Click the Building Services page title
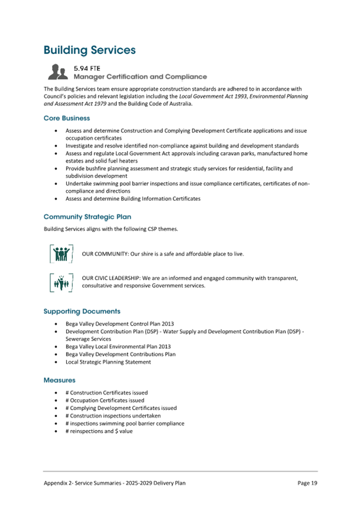[x=90, y=50]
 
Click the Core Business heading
[x=67, y=118]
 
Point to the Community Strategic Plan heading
[x=87, y=217]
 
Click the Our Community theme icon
[x=60, y=254]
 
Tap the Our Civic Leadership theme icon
[x=60, y=281]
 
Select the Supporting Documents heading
[x=82, y=311]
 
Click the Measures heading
[x=59, y=380]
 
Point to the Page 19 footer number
[x=307, y=483]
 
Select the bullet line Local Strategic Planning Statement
[x=108, y=362]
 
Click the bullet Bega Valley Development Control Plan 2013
[x=119, y=324]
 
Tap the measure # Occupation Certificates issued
[x=105, y=400]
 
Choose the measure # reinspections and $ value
[x=99, y=431]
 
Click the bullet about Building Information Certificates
[x=133, y=198]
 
